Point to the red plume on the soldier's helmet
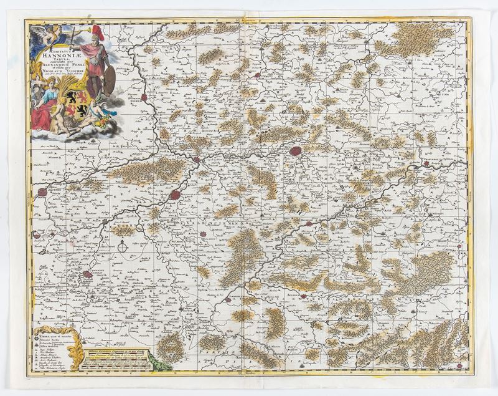96,30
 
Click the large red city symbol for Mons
296,151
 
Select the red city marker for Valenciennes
176,195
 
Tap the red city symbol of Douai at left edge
42,192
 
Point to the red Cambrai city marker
87,274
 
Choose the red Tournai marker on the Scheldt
144,97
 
